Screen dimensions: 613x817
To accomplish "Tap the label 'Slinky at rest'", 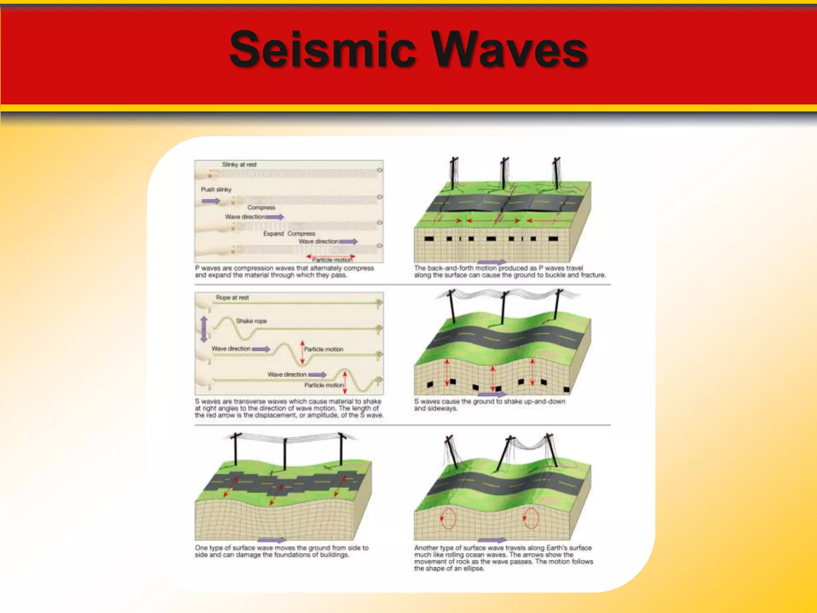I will click(239, 164).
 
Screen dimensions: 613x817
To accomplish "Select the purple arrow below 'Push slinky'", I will click(211, 201).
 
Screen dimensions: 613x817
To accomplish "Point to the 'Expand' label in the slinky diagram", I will click(273, 233).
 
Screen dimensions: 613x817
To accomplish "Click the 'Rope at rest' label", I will click(232, 297).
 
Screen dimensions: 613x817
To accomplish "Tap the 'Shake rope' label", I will click(251, 321).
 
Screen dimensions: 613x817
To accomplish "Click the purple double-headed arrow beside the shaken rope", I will click(204, 329).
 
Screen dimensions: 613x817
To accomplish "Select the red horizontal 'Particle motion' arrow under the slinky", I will click(330, 256).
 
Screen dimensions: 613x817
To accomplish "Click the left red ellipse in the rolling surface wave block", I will click(448, 518).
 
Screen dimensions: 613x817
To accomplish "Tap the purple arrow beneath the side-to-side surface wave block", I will click(272, 540).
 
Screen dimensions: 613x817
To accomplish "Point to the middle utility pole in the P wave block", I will click(504, 174).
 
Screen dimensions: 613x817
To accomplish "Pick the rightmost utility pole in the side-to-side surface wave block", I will click(341, 449).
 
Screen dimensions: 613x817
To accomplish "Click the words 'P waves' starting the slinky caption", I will click(207, 268).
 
